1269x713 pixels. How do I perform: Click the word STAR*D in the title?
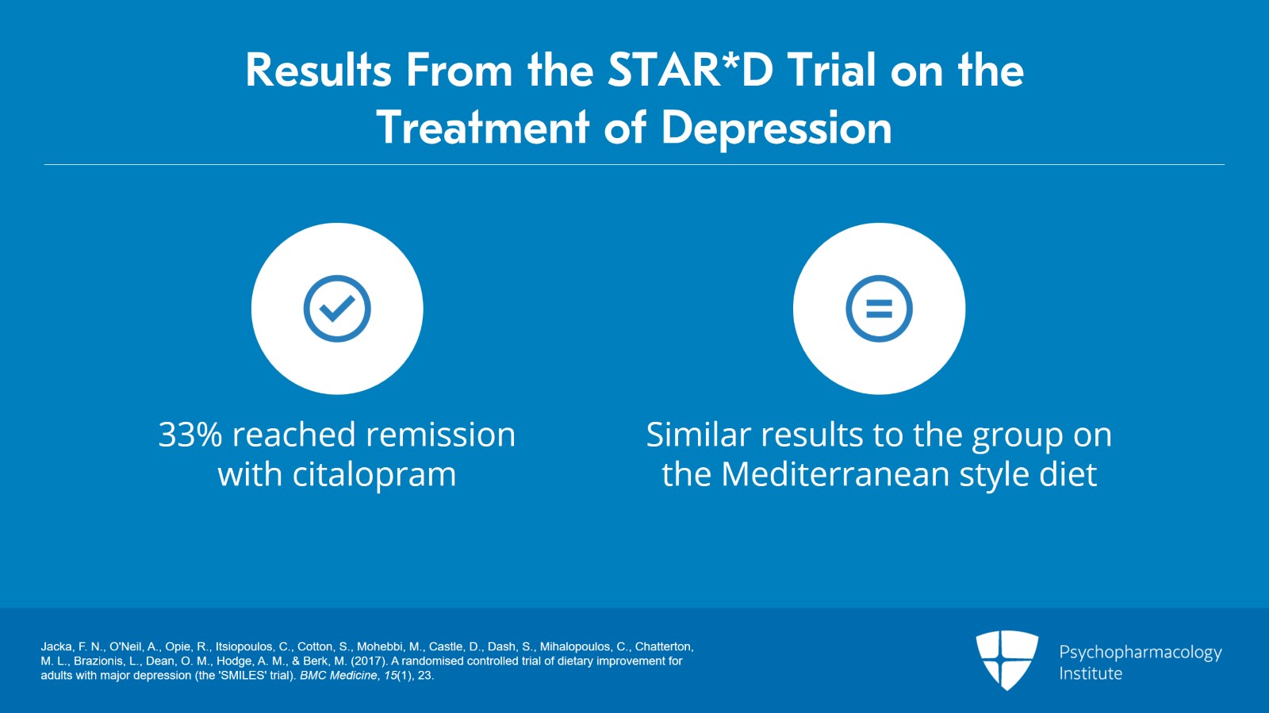690,71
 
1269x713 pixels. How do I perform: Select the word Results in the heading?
318,71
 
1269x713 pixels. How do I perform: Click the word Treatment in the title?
483,127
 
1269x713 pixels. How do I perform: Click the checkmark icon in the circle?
337,309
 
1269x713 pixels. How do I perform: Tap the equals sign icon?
880,309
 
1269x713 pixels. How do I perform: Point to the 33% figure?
190,435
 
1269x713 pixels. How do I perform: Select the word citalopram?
374,474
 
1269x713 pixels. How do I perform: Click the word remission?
441,435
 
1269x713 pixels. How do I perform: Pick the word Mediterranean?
835,474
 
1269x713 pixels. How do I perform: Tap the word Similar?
699,435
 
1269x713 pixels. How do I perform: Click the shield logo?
1006,661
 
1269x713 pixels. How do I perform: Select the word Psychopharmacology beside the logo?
1141,653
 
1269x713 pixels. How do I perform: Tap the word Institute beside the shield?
1091,673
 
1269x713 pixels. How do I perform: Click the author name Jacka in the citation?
57,646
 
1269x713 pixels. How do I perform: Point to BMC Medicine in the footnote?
338,676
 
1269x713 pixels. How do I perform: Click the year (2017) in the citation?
369,661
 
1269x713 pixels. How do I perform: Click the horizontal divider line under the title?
634,165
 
